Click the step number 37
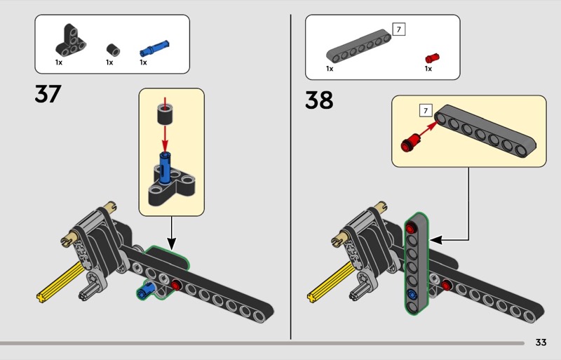[x=48, y=94]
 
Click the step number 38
[x=319, y=100]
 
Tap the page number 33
[x=541, y=342]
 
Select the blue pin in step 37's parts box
[x=154, y=48]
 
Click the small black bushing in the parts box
[x=113, y=50]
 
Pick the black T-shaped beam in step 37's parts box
[x=71, y=41]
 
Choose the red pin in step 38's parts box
[x=432, y=58]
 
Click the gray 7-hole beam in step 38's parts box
[x=358, y=46]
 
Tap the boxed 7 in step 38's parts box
[x=399, y=29]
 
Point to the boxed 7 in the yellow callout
[x=426, y=110]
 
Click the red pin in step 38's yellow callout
[x=411, y=142]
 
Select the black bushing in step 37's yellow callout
[x=165, y=113]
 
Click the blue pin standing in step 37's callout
[x=165, y=168]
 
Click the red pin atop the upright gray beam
[x=411, y=228]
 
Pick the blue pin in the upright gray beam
[x=412, y=295]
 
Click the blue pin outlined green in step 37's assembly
[x=147, y=289]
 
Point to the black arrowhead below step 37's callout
[x=172, y=245]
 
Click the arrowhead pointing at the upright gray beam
[x=436, y=240]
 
